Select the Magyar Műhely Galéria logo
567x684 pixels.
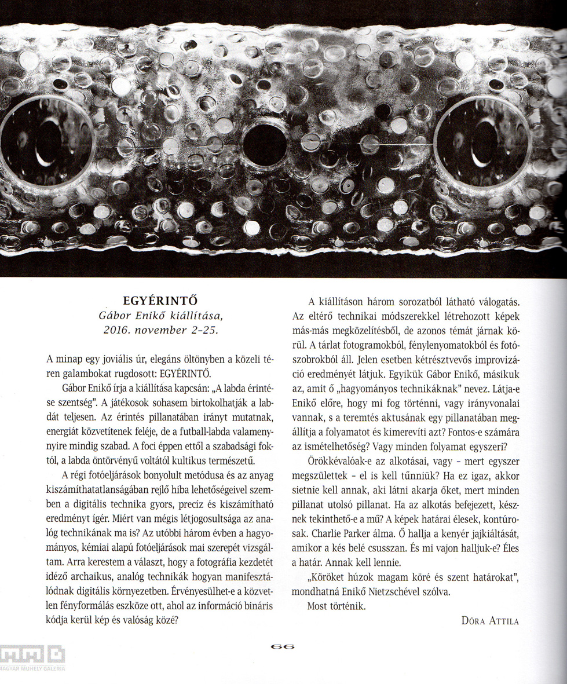click(32, 658)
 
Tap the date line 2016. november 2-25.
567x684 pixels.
click(160, 330)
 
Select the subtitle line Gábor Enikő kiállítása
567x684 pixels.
click(160, 316)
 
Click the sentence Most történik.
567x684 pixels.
click(337, 606)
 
